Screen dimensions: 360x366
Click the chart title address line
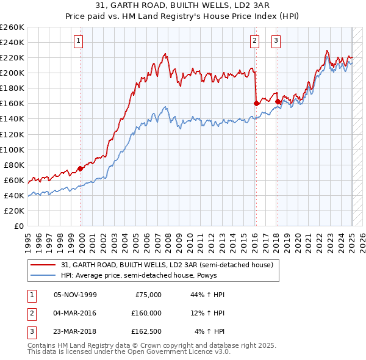click(x=182, y=5)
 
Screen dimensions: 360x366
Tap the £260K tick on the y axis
click(x=12, y=27)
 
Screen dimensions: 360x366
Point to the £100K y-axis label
click(x=12, y=149)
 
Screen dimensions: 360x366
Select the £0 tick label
click(x=18, y=226)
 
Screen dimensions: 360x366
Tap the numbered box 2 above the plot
click(x=254, y=41)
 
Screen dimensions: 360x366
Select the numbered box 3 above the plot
click(x=276, y=41)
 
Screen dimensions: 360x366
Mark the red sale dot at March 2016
click(x=256, y=104)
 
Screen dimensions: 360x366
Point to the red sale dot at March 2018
click(x=278, y=102)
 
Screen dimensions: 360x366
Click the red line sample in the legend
click(x=44, y=265)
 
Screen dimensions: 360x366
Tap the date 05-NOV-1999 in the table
click(x=75, y=295)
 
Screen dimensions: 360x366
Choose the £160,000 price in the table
click(x=146, y=313)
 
